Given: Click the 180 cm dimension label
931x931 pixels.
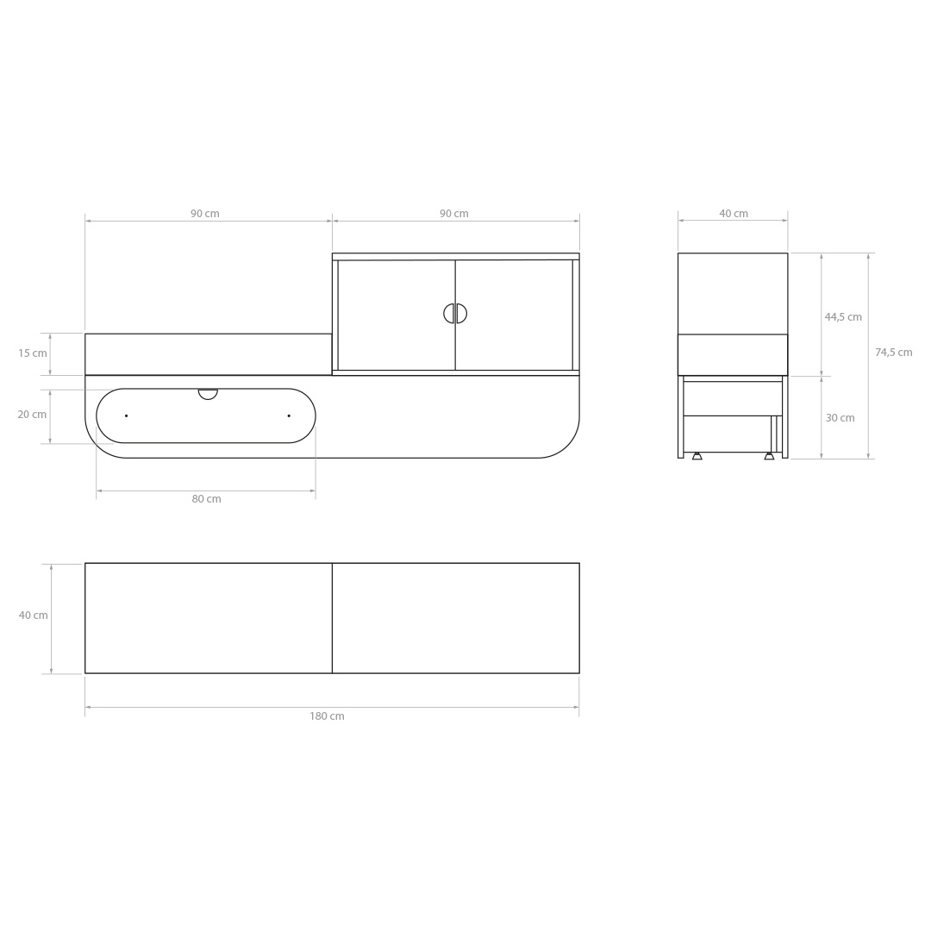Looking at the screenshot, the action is [x=327, y=716].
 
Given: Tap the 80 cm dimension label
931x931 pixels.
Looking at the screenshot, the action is [x=206, y=499].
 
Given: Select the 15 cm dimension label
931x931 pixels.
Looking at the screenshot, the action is [x=33, y=353].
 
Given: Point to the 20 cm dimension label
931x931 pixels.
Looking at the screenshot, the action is [x=32, y=415].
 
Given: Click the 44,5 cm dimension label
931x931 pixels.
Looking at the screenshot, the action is [x=843, y=317].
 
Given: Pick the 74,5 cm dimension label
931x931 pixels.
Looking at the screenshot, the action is [x=894, y=352].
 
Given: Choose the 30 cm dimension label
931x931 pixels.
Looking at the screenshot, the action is [x=840, y=418].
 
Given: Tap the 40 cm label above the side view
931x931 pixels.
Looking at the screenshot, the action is [x=734, y=214].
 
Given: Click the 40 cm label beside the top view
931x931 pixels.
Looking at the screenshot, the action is [x=34, y=615].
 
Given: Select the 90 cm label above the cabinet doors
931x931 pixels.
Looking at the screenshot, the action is [x=454, y=214].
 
